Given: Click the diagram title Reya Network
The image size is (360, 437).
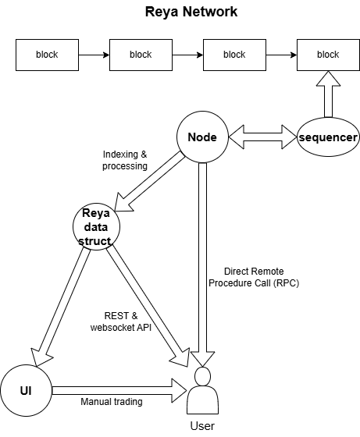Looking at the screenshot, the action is click(191, 12).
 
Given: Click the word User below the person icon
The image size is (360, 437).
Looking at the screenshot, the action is click(202, 426).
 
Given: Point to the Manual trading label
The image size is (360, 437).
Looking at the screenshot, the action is click(112, 402).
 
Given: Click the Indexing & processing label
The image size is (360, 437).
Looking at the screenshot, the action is click(125, 160).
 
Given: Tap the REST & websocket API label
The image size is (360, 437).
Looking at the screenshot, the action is click(121, 322).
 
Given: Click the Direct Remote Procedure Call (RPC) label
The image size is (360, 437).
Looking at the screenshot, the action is click(254, 277).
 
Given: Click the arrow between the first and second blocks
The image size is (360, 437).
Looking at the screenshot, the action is click(94, 55).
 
